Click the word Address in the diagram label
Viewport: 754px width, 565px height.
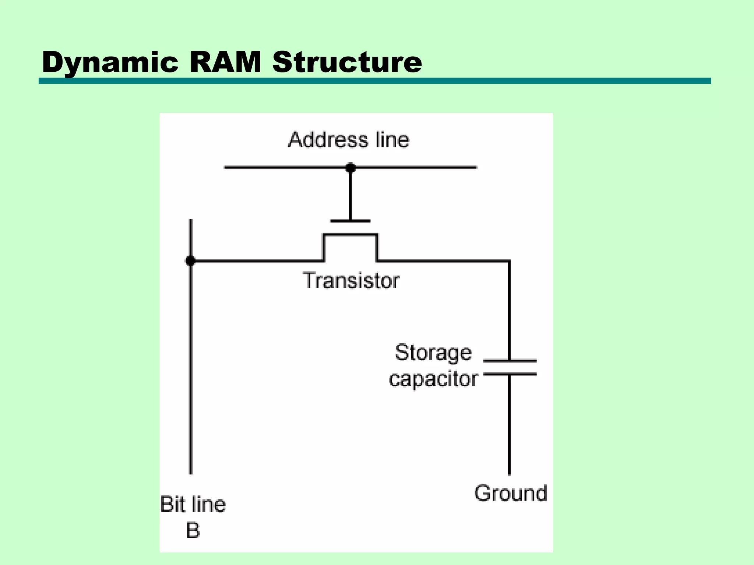click(x=328, y=140)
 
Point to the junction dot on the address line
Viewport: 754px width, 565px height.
click(x=350, y=168)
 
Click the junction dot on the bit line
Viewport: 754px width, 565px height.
click(x=190, y=261)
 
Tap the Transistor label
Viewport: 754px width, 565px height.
click(x=351, y=281)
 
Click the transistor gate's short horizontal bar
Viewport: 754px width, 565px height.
click(x=350, y=221)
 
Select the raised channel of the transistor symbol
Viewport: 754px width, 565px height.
click(x=350, y=234)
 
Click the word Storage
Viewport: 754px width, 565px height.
click(x=433, y=352)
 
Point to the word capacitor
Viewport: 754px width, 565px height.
click(x=433, y=379)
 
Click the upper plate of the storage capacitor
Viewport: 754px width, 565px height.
click(x=510, y=361)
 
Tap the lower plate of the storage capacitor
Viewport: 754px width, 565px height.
click(x=510, y=374)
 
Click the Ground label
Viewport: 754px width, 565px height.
click(x=511, y=493)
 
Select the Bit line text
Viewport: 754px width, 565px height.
click(x=193, y=504)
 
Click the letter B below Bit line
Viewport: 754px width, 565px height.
click(x=193, y=530)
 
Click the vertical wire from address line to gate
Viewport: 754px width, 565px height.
click(x=350, y=195)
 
